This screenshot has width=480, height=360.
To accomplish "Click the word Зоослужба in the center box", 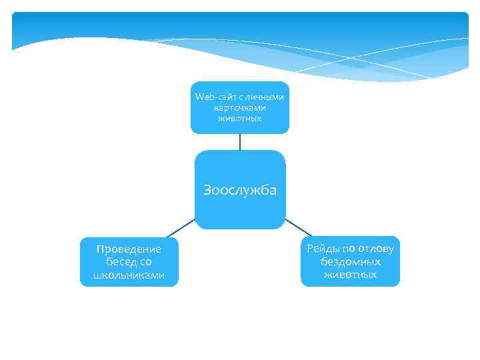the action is coord(240,190).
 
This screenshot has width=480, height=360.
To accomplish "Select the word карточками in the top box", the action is coord(240,107).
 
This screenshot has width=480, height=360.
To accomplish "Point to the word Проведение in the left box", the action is coord(129,249).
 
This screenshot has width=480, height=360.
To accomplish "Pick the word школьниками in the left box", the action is coord(129,275).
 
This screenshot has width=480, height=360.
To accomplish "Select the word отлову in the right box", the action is coord(377,249).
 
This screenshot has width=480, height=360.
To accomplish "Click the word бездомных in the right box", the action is coord(351,261).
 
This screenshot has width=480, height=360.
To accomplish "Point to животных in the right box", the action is coord(351,275).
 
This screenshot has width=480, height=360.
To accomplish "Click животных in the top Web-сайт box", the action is coord(240,118).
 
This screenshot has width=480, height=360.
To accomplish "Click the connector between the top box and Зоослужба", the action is coord(240,141).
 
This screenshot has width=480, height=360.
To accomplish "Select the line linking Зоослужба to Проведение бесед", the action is coord(181,228).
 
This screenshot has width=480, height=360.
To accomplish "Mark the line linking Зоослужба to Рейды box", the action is coord(299,227).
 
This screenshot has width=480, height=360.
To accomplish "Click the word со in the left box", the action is coord(145,262).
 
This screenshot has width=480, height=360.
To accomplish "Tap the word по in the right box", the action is coord(349,249).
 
